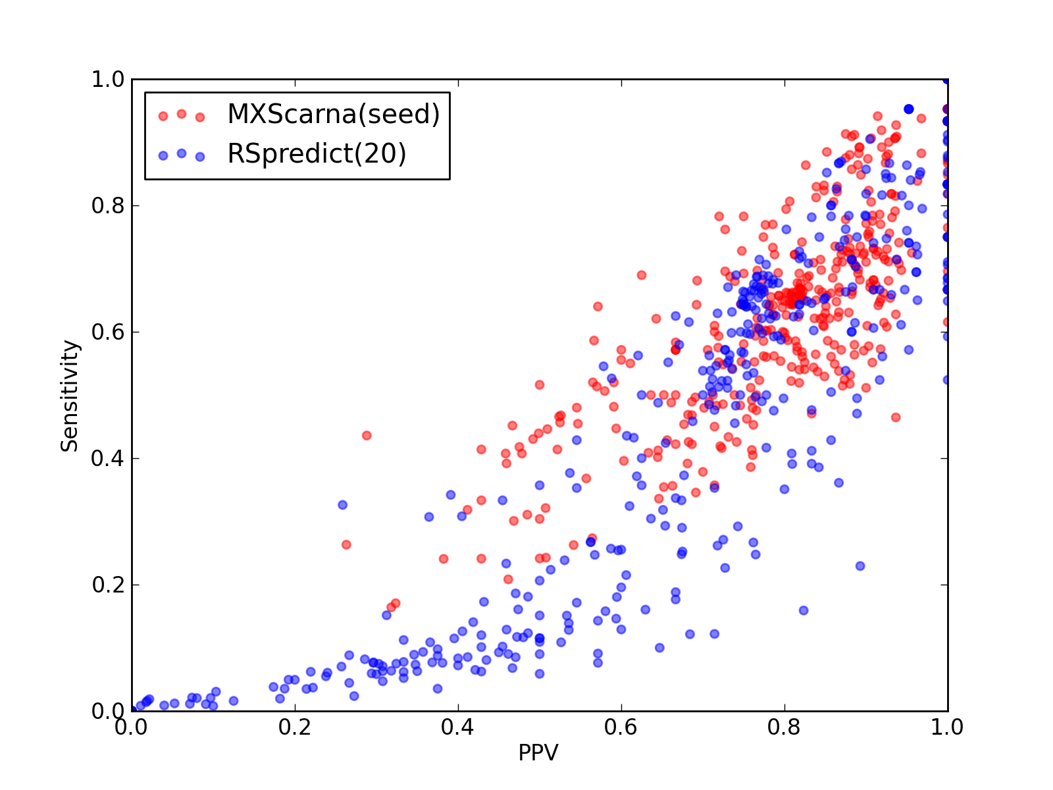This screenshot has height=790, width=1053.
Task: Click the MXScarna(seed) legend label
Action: coord(334,114)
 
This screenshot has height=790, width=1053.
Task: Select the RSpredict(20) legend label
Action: coord(317,153)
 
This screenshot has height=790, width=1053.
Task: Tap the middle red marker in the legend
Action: coord(182,114)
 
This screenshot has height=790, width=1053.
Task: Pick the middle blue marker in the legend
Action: coord(182,153)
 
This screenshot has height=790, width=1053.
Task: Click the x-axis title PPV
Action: coord(538,752)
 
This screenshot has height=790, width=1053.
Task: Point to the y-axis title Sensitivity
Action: coord(70,396)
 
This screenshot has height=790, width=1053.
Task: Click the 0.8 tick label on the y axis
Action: coord(108,205)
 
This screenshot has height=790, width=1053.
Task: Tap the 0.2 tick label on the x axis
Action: coord(295,727)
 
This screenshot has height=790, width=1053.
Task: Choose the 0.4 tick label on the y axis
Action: coord(108,459)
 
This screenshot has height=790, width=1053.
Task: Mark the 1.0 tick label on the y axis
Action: coord(108,79)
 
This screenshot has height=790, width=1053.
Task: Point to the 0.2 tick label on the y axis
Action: coord(108,585)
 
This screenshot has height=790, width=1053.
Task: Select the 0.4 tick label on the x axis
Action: coord(457,727)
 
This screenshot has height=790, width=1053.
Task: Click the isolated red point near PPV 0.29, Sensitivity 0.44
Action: coord(367,436)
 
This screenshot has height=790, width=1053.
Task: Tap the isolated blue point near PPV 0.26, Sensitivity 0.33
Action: coord(342,504)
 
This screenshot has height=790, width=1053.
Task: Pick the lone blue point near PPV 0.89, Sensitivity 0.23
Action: coord(860,566)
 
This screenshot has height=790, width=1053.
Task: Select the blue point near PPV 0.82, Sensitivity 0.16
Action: coord(804,610)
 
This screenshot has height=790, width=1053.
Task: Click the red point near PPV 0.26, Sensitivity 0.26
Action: coord(346,544)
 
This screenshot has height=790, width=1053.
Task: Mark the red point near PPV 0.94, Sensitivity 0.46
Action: coord(896,417)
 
